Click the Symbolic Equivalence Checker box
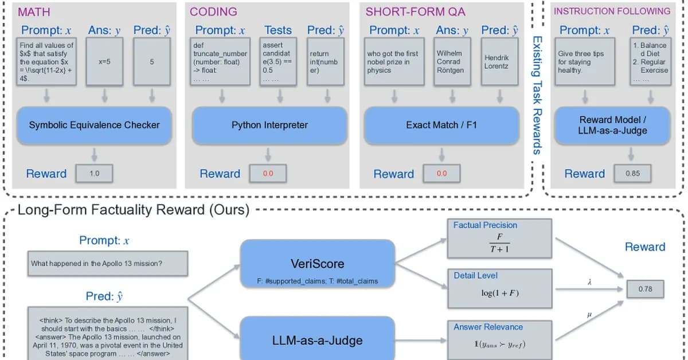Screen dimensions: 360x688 pos(94,124)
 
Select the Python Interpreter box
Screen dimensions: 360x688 pos(269,124)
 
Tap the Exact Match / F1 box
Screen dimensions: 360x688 pos(441,124)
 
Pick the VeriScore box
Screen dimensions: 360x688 pos(318,264)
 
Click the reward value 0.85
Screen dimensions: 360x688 pos(632,173)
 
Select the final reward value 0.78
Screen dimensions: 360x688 pos(645,289)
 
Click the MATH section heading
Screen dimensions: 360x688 pos(34,11)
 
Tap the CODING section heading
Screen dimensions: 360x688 pos(213,11)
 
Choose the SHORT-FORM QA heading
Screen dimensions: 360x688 pos(408,11)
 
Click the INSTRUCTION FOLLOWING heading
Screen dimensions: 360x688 pos(612,11)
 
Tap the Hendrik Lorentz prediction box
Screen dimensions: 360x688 pos(497,62)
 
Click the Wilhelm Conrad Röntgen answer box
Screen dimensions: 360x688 pos(449,62)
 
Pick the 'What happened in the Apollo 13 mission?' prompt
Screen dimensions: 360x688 pos(107,264)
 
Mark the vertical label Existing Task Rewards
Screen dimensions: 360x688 pos(537,95)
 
